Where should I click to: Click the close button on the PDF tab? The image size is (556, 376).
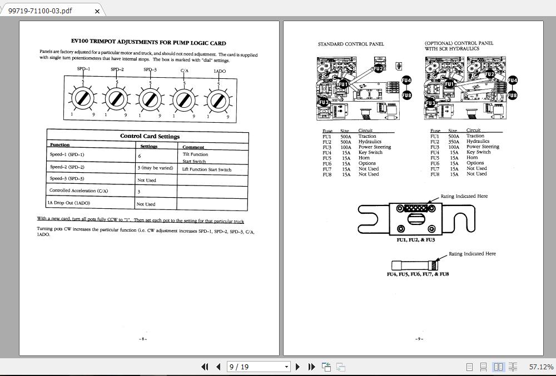pyautogui.click(x=98, y=11)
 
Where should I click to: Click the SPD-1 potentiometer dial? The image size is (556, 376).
pyautogui.click(x=83, y=99)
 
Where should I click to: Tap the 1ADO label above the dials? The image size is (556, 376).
pyautogui.click(x=219, y=71)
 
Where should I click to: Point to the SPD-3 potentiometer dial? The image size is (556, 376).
pyautogui.click(x=149, y=100)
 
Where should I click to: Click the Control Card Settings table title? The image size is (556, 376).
pyautogui.click(x=150, y=136)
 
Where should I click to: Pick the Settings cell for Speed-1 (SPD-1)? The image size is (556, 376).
pyautogui.click(x=157, y=157)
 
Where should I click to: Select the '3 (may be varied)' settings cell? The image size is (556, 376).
pyautogui.click(x=155, y=168)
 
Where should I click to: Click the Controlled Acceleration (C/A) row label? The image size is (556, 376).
pyautogui.click(x=79, y=190)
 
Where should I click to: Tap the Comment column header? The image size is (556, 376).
pyautogui.click(x=193, y=147)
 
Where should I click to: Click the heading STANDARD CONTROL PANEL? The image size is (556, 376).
pyautogui.click(x=351, y=44)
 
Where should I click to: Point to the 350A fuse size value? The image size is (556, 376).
pyautogui.click(x=454, y=142)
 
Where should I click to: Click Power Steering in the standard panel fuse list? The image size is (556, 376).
pyautogui.click(x=375, y=147)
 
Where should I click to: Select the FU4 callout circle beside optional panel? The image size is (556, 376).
pyautogui.click(x=512, y=81)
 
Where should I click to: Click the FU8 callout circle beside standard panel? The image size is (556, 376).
pyautogui.click(x=406, y=95)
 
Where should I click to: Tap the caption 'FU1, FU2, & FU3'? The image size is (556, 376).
pyautogui.click(x=415, y=240)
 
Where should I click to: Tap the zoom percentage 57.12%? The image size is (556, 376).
pyautogui.click(x=541, y=367)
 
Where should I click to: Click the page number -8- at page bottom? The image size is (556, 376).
pyautogui.click(x=143, y=339)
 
